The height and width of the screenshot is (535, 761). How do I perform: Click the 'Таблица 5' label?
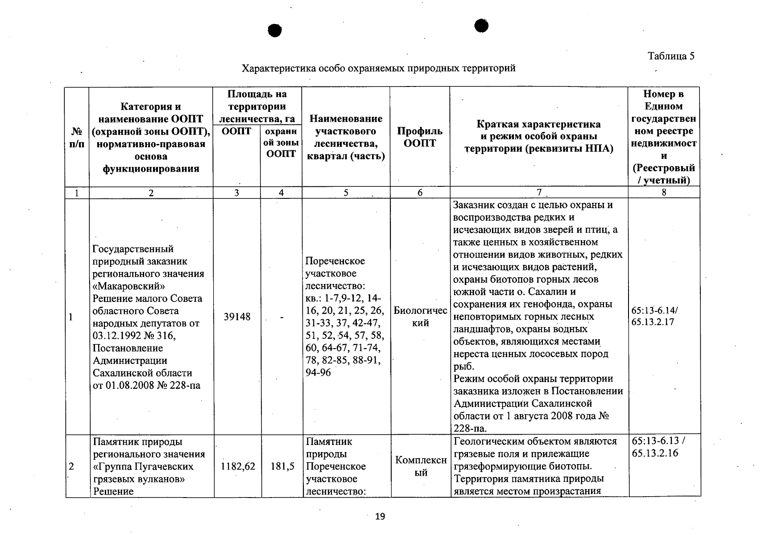click(671, 56)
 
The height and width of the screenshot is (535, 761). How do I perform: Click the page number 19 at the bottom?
click(380, 517)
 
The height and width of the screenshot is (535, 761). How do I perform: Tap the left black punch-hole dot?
click(275, 30)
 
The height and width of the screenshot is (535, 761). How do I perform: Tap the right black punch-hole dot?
click(481, 26)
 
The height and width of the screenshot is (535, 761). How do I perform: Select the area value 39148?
click(237, 317)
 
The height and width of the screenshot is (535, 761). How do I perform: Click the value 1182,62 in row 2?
click(238, 466)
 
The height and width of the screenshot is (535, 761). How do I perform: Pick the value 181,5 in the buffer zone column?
click(282, 466)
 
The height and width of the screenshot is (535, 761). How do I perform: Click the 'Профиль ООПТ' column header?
click(420, 137)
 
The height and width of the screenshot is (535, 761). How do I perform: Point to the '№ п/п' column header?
click(77, 137)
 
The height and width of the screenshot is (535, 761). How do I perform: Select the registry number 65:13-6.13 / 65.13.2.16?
click(658, 447)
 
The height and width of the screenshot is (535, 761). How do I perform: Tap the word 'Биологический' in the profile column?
click(420, 317)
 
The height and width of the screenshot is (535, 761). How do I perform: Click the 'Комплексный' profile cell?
click(421, 466)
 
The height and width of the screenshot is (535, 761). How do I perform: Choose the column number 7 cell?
click(538, 193)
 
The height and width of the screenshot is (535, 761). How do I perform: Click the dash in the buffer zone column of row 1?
click(281, 317)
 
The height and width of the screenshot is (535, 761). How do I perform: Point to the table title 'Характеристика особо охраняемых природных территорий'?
click(378, 68)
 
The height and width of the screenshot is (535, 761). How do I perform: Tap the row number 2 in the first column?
click(71, 466)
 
